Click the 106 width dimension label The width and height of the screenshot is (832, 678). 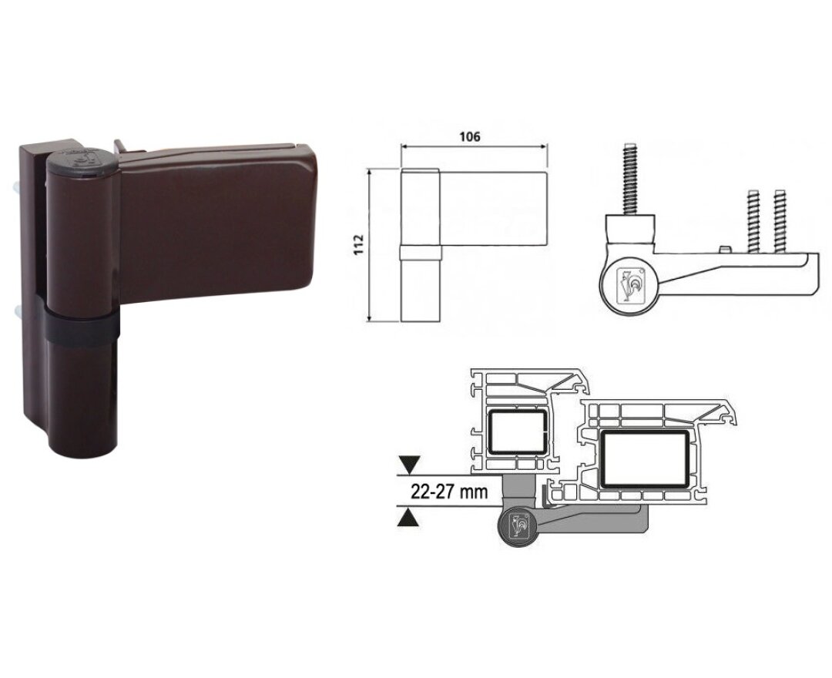470,136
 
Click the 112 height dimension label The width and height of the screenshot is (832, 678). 359,244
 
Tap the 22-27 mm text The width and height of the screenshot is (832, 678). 449,492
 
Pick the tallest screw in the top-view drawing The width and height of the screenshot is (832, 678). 630,179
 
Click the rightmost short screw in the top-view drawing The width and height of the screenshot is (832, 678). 779,220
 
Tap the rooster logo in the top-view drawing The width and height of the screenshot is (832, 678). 629,284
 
